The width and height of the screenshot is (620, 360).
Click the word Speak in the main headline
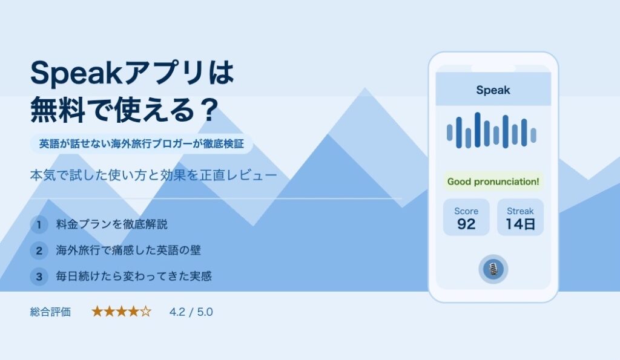point(77,73)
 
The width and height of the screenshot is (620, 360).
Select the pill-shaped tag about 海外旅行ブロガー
point(142,144)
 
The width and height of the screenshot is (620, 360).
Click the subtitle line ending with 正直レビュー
point(153,175)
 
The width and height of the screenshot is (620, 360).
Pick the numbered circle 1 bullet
point(39,224)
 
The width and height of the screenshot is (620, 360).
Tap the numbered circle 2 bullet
point(39,250)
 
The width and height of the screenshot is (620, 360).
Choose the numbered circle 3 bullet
point(39,277)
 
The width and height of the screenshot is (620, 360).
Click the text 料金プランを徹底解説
point(112,224)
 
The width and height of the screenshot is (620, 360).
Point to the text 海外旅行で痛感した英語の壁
point(128,250)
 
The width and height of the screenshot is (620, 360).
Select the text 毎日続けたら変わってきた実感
point(134,276)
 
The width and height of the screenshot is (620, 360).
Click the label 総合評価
point(51,312)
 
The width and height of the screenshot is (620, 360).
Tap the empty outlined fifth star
point(145,312)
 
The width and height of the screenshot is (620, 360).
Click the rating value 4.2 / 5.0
point(191,312)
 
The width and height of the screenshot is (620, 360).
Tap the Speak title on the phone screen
point(493,90)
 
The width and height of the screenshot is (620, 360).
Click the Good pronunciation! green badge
point(493,182)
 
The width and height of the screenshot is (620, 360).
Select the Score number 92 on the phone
point(466,224)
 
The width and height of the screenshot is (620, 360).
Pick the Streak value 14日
point(520,224)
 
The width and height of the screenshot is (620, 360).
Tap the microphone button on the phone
point(493,269)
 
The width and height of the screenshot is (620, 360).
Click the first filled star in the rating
point(97,312)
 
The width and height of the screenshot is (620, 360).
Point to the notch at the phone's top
point(493,69)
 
